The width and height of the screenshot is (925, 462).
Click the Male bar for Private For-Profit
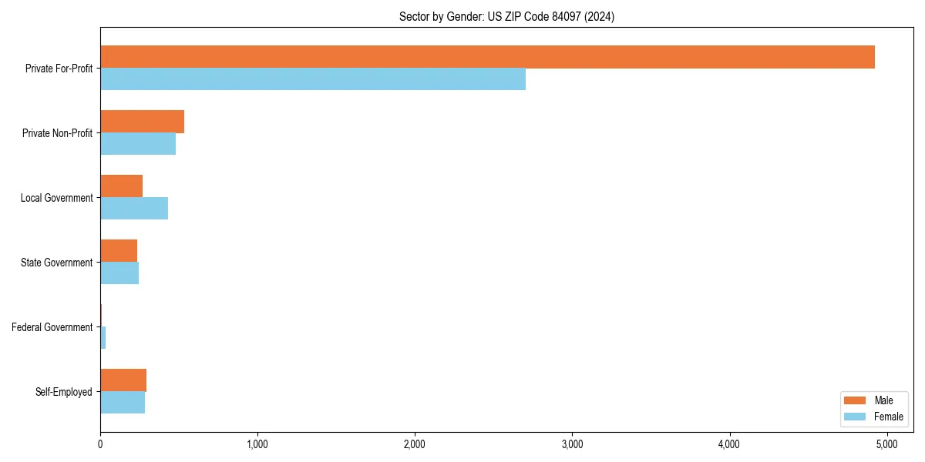click(487, 57)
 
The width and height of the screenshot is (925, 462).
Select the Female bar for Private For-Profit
click(313, 79)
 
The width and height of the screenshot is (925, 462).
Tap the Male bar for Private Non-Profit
click(142, 122)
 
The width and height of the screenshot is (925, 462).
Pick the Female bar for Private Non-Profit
click(138, 144)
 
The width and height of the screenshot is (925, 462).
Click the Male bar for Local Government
click(121, 186)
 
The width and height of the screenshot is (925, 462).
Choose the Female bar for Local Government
click(134, 209)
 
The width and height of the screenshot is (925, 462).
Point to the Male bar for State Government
click(119, 251)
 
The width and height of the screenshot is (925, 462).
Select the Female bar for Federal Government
click(103, 338)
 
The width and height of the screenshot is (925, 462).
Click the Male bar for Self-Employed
click(123, 380)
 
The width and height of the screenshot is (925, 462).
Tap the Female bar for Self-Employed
click(123, 403)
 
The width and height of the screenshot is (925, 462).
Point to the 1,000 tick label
click(257, 444)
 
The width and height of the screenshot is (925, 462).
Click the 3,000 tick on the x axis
click(572, 444)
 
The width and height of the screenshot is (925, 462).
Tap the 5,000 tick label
click(886, 444)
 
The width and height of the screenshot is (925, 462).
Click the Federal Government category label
click(52, 327)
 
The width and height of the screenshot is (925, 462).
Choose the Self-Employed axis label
click(63, 392)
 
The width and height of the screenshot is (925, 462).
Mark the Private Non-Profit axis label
click(57, 133)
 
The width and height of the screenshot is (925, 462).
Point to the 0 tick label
click(100, 444)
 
